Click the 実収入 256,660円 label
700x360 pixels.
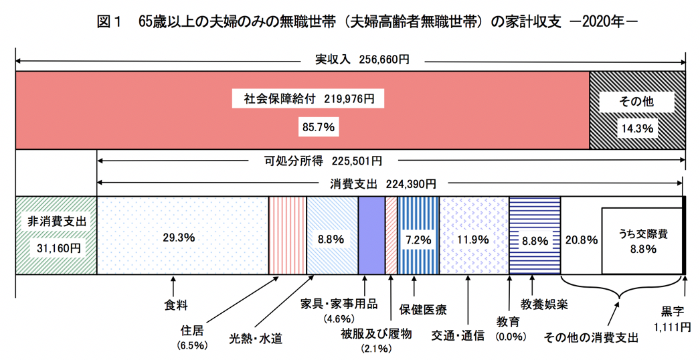click(362, 60)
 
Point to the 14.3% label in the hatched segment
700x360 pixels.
click(636, 126)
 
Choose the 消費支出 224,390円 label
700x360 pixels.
click(383, 183)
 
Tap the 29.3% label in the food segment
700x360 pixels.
click(179, 237)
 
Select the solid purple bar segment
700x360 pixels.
click(371, 235)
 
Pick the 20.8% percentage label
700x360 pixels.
click(580, 239)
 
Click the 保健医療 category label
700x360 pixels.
click(423, 310)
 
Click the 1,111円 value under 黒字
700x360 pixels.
click(671, 326)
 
